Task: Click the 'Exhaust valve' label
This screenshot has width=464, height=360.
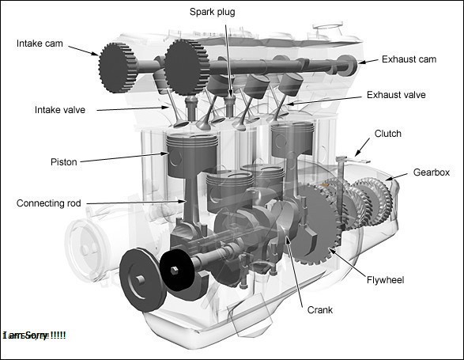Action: [x=396, y=95]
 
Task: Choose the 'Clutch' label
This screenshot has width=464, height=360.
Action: [x=387, y=134]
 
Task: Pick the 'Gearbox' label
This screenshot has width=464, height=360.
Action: [x=432, y=172]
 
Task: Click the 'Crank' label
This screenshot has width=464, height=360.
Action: [x=319, y=310]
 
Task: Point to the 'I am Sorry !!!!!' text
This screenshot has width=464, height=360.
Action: [x=35, y=335]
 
